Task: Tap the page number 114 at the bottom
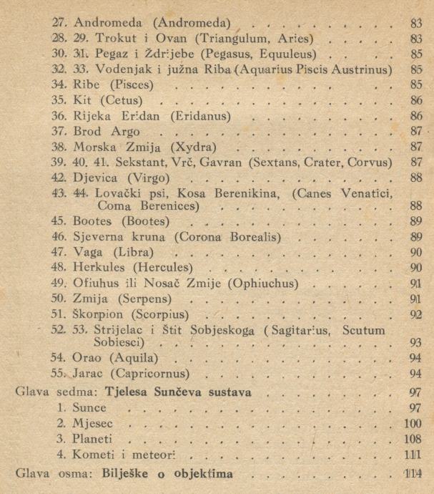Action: coord(413,475)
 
